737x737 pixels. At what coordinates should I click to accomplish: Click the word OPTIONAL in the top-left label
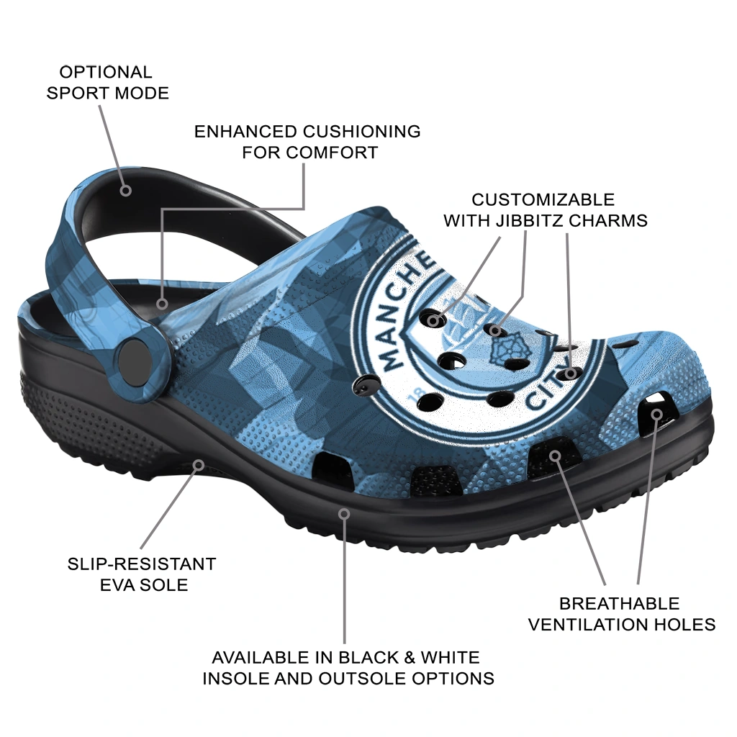pos(106,73)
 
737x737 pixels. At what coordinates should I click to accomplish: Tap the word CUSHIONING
pos(361,132)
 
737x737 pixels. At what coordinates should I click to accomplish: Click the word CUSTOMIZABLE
pos(543,200)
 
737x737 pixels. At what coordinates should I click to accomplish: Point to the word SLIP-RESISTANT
pos(142,564)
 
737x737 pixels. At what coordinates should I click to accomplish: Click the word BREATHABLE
pos(620,604)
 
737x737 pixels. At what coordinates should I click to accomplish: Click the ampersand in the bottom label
pos(410,657)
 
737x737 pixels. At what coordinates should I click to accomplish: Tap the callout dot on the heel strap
pos(125,190)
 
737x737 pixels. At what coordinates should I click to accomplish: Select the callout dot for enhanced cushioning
pos(162,304)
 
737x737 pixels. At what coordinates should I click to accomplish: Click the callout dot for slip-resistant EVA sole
pos(199,466)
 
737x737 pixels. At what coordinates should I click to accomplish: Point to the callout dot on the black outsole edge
pos(345,514)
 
